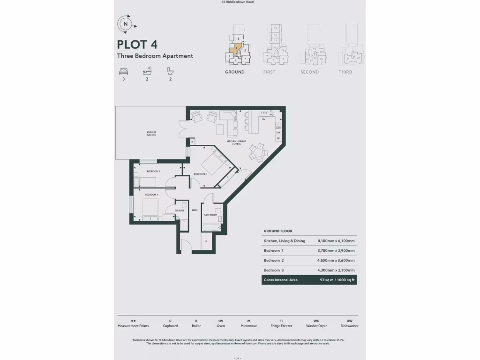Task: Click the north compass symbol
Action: (125, 23)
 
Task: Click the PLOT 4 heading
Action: (137, 45)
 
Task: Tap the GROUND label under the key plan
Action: (234, 72)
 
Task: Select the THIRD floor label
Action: (345, 72)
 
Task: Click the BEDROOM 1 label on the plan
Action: (151, 195)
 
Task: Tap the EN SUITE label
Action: (180, 211)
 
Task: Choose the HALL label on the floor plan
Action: (195, 210)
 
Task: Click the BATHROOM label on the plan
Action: (210, 215)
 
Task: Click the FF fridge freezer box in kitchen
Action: (278, 139)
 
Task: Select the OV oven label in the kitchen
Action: (264, 120)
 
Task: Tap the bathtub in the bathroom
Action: (213, 227)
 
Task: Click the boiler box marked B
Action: (192, 141)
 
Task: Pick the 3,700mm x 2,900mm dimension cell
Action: (336, 251)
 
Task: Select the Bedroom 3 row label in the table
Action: (274, 270)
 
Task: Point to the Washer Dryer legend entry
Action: (316, 323)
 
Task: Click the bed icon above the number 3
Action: (123, 71)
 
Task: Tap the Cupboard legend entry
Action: (170, 323)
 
